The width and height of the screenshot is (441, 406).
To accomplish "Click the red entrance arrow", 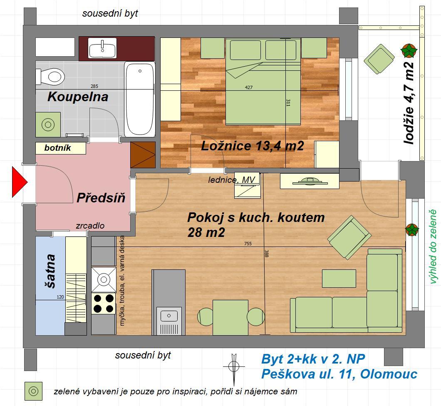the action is coord(19,182).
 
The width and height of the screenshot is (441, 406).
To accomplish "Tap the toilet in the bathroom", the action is coord(50,77).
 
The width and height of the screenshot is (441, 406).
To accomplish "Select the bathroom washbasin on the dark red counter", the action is coord(102,48).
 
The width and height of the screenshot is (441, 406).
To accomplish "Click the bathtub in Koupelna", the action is coord(140,100).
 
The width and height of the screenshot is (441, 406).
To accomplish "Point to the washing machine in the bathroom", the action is coord(48,125).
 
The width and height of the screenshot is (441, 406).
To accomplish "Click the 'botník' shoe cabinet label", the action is coord(58,148).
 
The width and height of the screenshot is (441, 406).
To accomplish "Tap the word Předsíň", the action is coord(101,197).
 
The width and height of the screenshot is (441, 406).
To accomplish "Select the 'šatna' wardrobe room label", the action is coord(51,271).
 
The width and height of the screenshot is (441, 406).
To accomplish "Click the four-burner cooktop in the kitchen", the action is coord(104,304).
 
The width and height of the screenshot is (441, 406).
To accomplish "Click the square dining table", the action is coord(230,317).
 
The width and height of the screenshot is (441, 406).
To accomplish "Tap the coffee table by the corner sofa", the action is coord(339,278).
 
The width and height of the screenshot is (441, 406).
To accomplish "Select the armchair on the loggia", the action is coord(379,59).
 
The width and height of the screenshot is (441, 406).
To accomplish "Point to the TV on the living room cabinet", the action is coord(310,181).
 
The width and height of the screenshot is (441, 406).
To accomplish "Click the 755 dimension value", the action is coord(248,244).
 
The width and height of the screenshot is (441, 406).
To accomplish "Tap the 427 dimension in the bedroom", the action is coord(249,87).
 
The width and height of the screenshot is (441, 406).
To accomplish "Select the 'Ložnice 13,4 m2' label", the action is coord(252,146).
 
